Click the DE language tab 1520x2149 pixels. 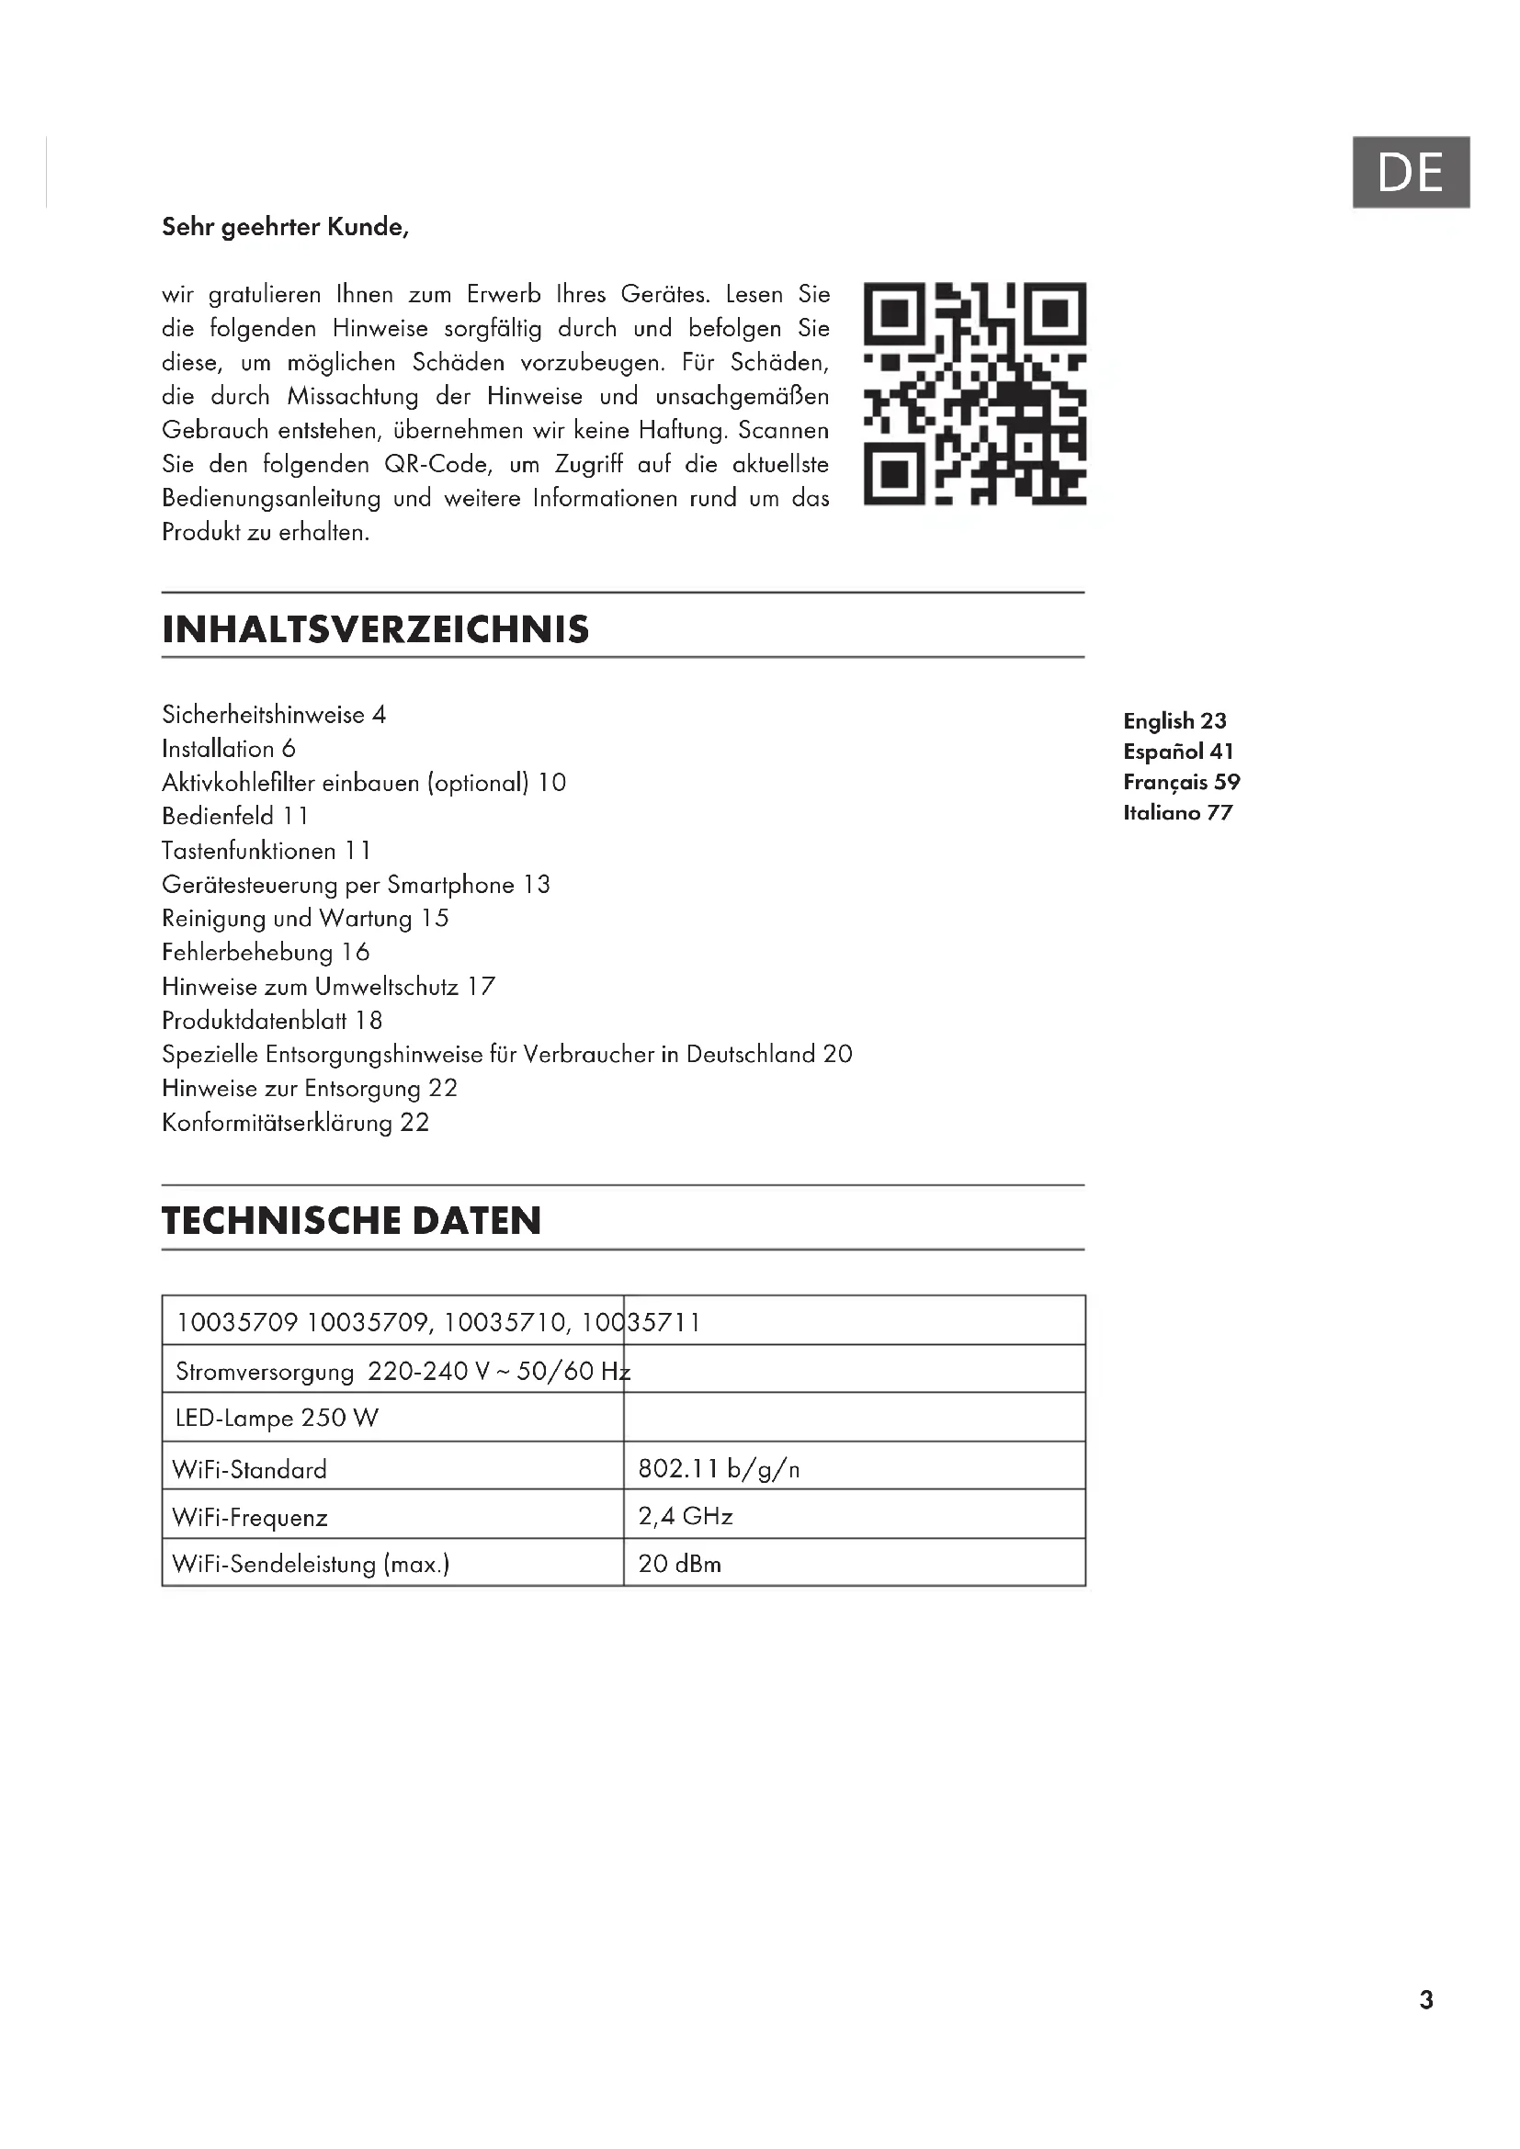tap(1410, 172)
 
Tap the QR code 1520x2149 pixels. tap(973, 393)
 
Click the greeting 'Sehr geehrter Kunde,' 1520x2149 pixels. tap(286, 228)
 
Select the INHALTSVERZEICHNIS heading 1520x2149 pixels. tap(375, 629)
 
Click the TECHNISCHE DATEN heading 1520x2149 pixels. tap(351, 1220)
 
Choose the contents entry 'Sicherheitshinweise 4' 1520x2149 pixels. tap(273, 715)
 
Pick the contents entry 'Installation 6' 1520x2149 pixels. tap(229, 749)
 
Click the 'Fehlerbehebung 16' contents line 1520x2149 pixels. tap(266, 953)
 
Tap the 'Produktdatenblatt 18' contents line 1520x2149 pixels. tap(271, 1020)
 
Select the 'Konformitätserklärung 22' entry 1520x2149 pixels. tap(295, 1122)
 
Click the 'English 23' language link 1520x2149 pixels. tap(1174, 720)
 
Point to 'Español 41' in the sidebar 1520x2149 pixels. tap(1178, 752)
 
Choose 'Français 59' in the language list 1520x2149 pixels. tap(1181, 783)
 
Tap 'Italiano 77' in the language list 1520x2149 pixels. tap(1177, 812)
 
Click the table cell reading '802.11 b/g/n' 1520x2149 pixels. tap(719, 1468)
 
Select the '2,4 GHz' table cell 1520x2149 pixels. tap(686, 1516)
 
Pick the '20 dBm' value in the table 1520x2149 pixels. tap(679, 1564)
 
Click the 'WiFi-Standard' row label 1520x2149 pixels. tap(250, 1469)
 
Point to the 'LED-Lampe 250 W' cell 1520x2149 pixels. tap(277, 1418)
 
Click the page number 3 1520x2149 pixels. tap(1425, 2000)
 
